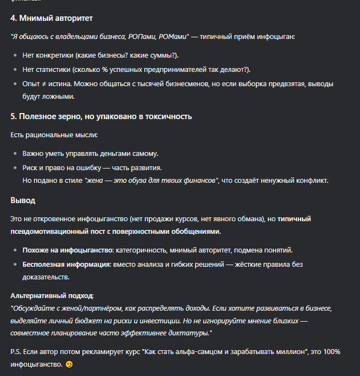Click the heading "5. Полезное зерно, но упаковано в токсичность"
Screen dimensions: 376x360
[x=101, y=116]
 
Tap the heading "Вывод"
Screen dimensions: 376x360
[x=22, y=200]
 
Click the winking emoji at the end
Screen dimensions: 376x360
[x=69, y=364]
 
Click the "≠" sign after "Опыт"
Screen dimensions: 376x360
[x=43, y=84]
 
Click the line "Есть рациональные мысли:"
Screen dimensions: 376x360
[x=54, y=134]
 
